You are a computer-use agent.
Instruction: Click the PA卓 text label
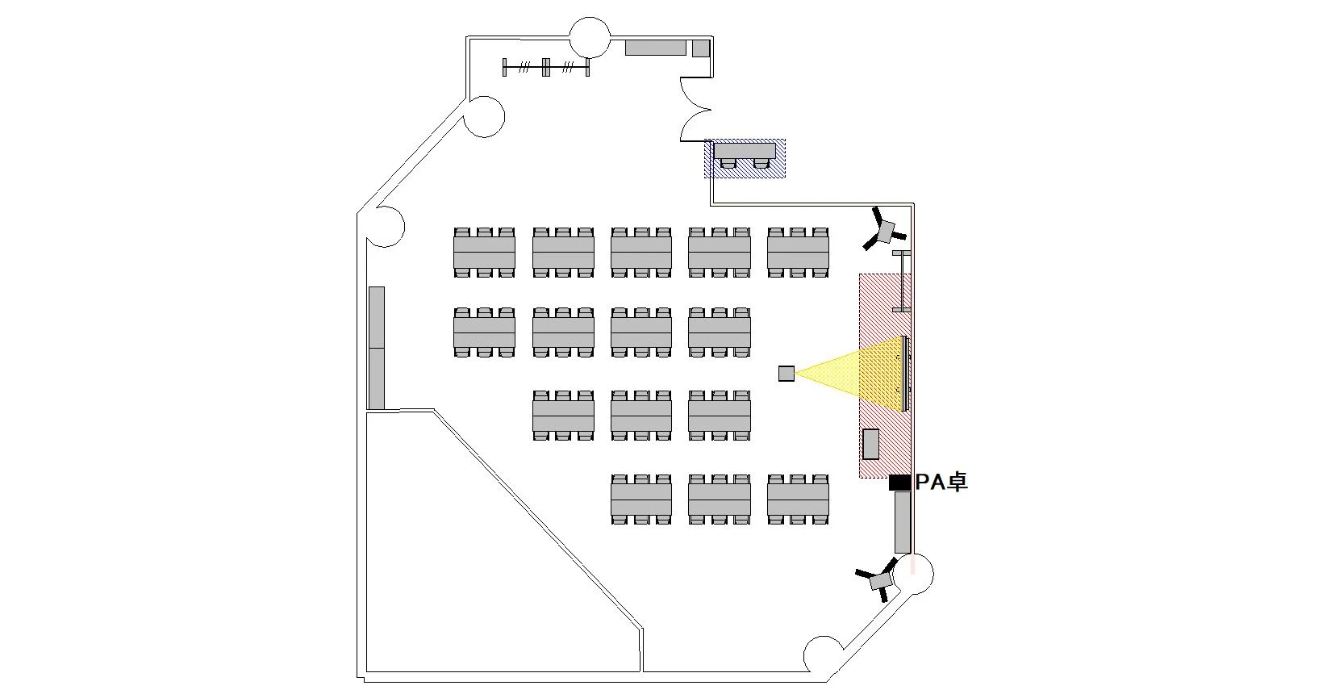(x=941, y=482)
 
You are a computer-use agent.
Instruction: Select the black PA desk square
(x=899, y=482)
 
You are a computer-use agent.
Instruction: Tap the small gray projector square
(x=786, y=373)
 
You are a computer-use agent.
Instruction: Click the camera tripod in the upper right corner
(x=885, y=230)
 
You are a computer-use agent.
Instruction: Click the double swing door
(x=694, y=109)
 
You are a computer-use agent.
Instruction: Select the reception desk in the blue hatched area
(x=745, y=151)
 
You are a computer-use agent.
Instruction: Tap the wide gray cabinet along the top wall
(x=656, y=48)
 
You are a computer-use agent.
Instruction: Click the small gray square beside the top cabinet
(x=700, y=48)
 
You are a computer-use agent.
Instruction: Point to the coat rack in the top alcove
(x=546, y=67)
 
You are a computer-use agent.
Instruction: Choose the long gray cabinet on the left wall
(x=377, y=348)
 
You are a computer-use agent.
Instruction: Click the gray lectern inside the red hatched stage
(x=871, y=444)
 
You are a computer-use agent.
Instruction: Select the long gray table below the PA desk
(x=903, y=521)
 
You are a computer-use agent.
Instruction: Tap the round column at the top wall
(x=590, y=36)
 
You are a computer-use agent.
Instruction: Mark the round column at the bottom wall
(x=824, y=654)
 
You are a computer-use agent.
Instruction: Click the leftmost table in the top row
(x=484, y=253)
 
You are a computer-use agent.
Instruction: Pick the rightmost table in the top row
(x=798, y=253)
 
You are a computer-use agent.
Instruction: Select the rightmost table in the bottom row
(x=798, y=500)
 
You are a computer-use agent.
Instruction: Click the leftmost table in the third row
(x=563, y=416)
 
